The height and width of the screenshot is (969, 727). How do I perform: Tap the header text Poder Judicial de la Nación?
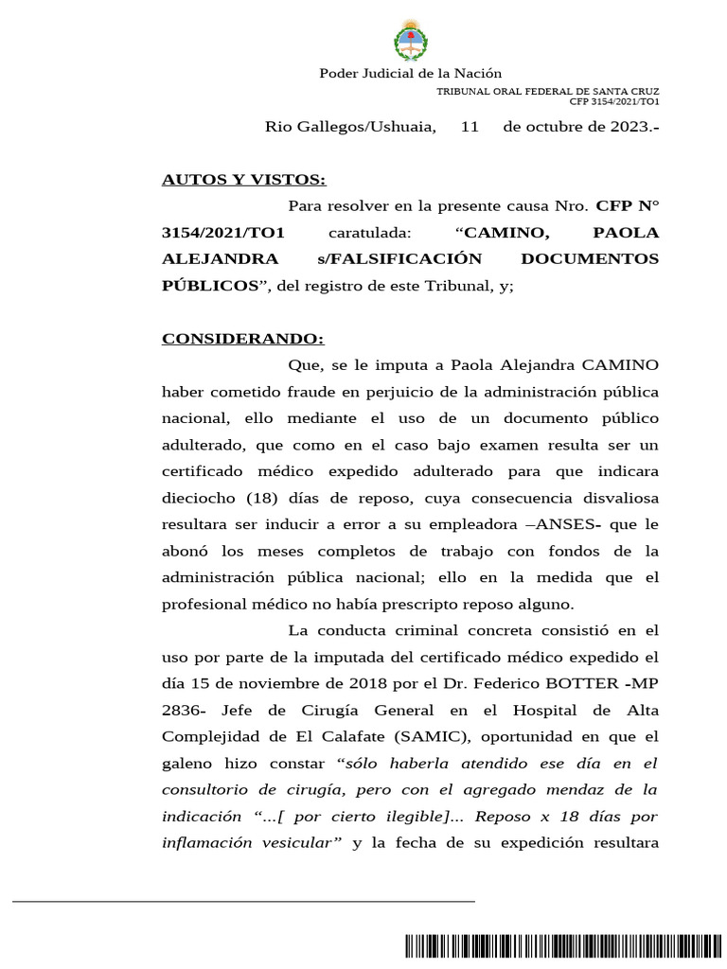click(x=410, y=73)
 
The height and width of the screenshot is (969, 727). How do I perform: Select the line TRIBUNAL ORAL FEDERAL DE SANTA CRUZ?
click(x=547, y=91)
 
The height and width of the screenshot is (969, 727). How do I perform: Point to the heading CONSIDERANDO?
click(x=242, y=338)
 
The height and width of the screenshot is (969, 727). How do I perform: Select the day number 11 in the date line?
click(x=470, y=126)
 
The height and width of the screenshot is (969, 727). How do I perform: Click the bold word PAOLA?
click(x=625, y=232)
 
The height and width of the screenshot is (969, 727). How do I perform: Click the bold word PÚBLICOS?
click(x=208, y=285)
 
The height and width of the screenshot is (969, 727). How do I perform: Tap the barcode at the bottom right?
click(x=545, y=947)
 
